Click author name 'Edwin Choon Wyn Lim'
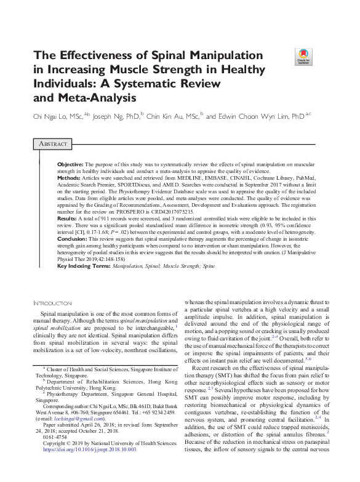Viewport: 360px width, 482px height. coord(253,115)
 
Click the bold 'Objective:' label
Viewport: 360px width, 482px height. coord(70,166)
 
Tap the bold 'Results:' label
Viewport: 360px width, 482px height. coord(67,219)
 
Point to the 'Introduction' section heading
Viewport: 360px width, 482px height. coord(52,303)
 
